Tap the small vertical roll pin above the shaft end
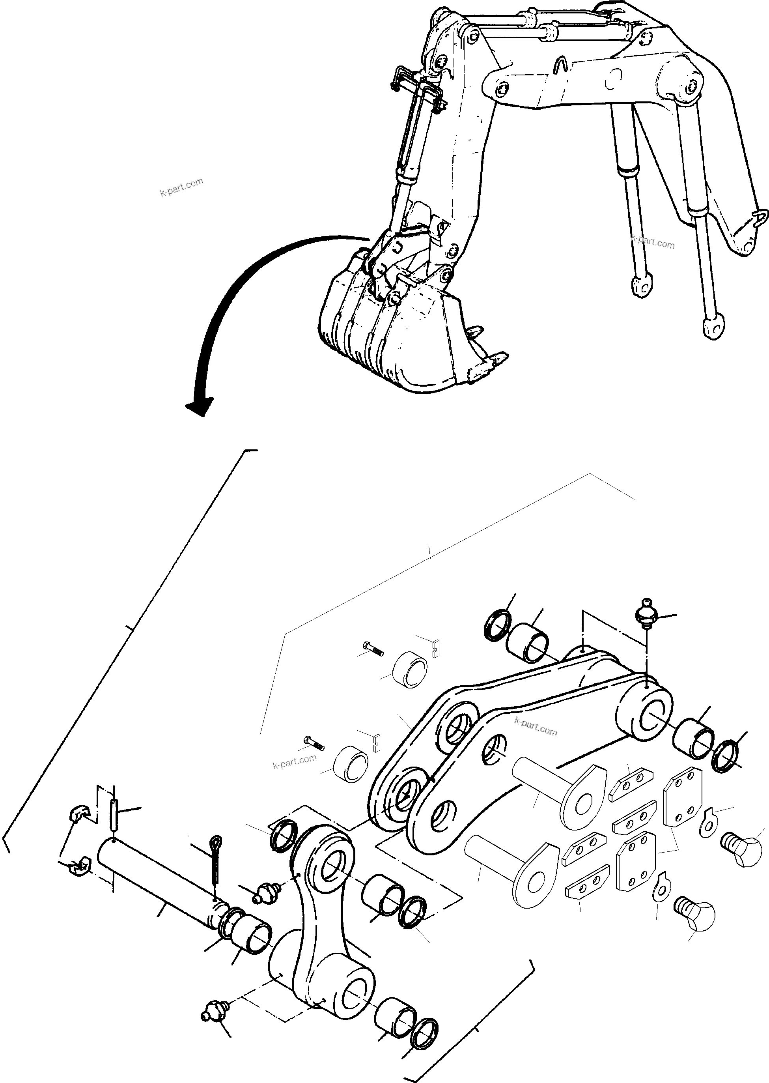tap(114, 814)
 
